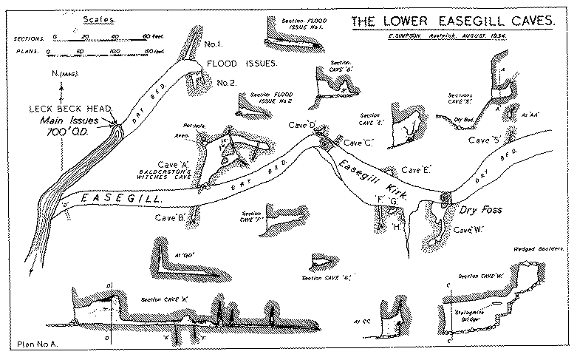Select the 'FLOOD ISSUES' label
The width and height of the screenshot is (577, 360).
click(242, 64)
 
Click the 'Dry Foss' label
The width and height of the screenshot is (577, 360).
click(481, 210)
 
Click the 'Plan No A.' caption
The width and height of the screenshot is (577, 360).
click(35, 345)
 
